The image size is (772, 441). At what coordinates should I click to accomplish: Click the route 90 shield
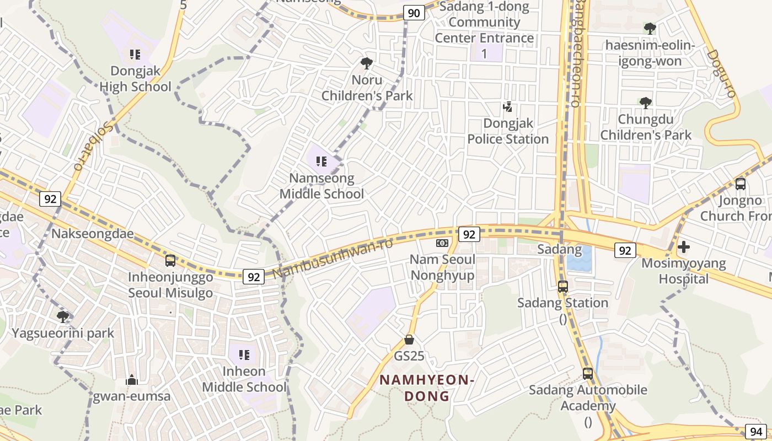click(x=414, y=13)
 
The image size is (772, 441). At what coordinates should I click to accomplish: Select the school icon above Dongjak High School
click(x=135, y=54)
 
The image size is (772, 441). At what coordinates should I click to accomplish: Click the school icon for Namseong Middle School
click(x=321, y=162)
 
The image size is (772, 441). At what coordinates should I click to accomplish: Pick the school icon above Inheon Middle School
click(x=244, y=354)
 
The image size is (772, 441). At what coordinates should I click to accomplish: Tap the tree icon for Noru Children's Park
click(x=366, y=63)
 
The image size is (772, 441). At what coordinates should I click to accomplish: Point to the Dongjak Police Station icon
click(x=507, y=107)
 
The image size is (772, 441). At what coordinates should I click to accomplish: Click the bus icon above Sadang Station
click(x=562, y=286)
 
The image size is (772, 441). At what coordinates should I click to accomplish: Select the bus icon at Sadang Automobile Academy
click(x=588, y=373)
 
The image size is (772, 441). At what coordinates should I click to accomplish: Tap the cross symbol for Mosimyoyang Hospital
click(x=684, y=246)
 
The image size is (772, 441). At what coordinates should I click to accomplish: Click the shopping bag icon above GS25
click(x=409, y=339)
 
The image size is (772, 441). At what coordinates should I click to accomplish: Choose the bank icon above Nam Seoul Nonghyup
click(x=442, y=243)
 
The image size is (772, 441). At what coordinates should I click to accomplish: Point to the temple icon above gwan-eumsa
click(x=131, y=380)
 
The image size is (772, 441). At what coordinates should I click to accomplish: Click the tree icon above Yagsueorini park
click(x=63, y=316)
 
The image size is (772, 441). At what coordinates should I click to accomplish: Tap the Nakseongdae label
click(x=93, y=234)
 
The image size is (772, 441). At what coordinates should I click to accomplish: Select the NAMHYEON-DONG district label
click(x=427, y=388)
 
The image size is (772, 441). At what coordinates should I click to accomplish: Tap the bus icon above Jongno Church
click(x=740, y=184)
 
